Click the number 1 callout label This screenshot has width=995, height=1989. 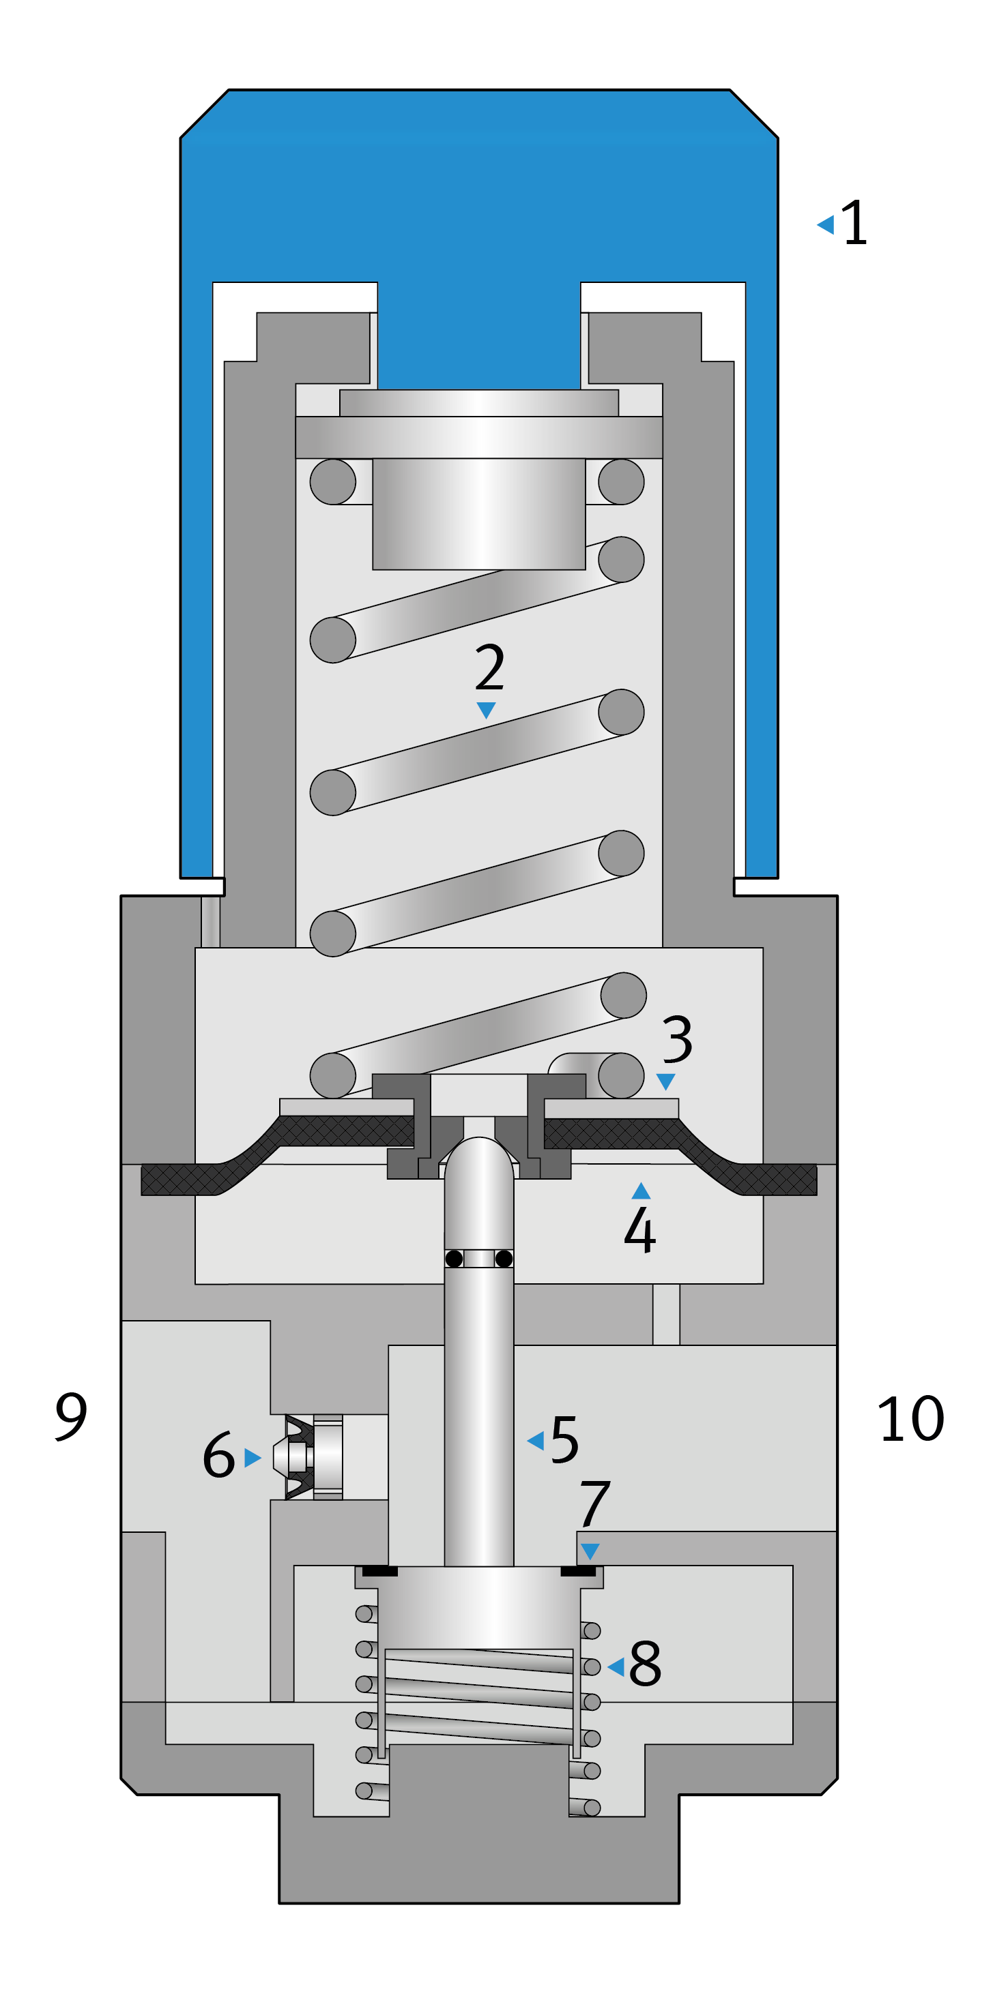pos(854,223)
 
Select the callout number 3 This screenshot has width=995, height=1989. pos(677,1039)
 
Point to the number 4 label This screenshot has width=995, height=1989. pos(639,1230)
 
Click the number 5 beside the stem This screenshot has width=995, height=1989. pos(564,1439)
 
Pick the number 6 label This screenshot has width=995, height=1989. pos(218,1456)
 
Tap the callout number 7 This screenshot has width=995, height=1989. pos(594,1504)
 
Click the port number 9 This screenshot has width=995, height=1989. pos(71,1416)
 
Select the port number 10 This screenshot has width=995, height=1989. pos(911,1419)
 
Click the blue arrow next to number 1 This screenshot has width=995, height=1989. pos(826,225)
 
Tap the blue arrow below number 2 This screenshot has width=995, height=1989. pos(486,710)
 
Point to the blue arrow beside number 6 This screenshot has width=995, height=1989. pos(252,1457)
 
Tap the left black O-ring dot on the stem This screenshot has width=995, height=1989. pos(455,1259)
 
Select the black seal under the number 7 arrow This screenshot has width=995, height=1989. pos(578,1570)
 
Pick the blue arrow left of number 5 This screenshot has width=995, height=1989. pos(535,1440)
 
